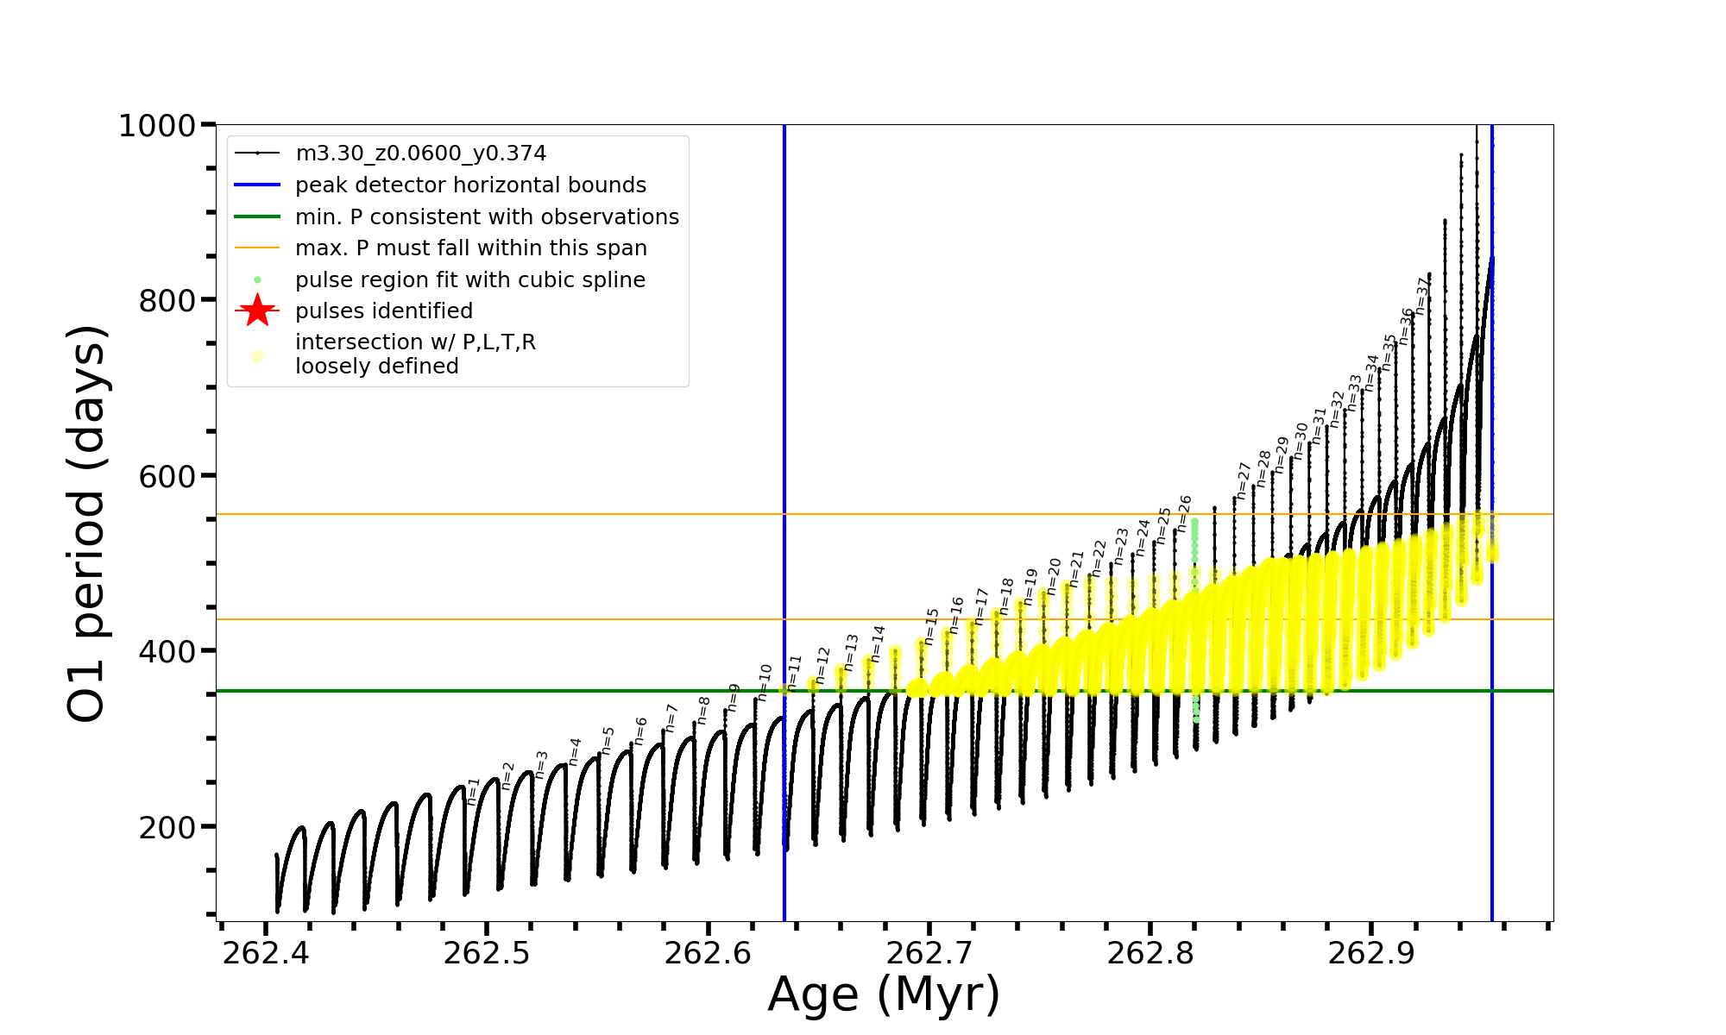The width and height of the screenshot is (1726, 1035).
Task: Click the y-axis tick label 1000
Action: (x=157, y=126)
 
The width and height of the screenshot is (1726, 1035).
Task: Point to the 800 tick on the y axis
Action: (x=167, y=301)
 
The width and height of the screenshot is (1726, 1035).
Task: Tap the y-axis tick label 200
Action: (x=167, y=827)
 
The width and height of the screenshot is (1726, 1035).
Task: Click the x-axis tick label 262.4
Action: (x=265, y=954)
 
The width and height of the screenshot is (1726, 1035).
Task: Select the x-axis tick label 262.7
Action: (x=929, y=954)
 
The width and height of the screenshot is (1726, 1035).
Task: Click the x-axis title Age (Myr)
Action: (x=884, y=994)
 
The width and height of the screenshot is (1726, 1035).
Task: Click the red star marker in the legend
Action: (x=257, y=310)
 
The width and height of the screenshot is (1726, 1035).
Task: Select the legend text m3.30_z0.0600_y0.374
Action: (x=420, y=154)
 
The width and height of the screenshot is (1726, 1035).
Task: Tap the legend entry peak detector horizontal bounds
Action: (x=470, y=185)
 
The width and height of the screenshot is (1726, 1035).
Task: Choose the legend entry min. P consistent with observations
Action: (x=487, y=216)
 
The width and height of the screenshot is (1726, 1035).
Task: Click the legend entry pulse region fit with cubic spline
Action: (x=469, y=279)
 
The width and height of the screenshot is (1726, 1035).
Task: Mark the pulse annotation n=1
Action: (x=473, y=791)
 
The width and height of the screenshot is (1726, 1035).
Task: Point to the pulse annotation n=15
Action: (x=931, y=625)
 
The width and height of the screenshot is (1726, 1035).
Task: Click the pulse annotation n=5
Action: (x=608, y=740)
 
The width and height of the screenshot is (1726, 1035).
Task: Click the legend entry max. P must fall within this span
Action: (x=470, y=248)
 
